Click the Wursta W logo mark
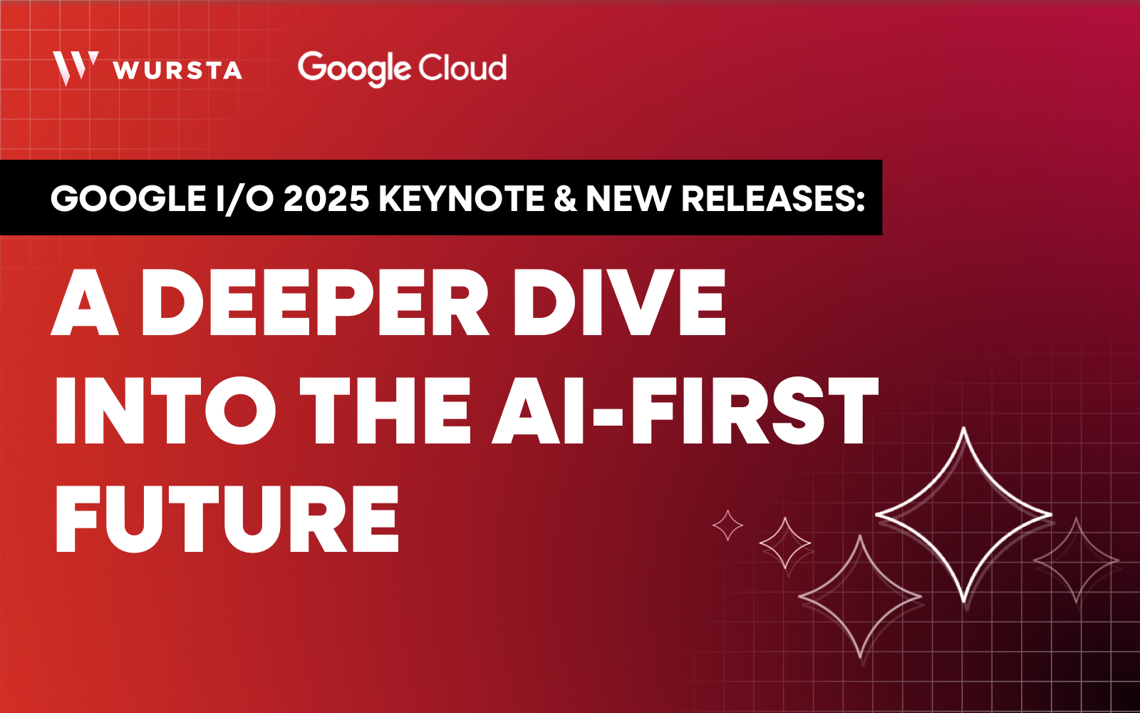[75, 68]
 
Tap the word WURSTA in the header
[178, 71]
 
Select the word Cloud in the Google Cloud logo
[462, 67]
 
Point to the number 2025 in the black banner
[326, 198]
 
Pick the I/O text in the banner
[245, 198]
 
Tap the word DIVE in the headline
[619, 302]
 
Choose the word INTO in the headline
[165, 411]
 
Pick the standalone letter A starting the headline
[85, 302]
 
